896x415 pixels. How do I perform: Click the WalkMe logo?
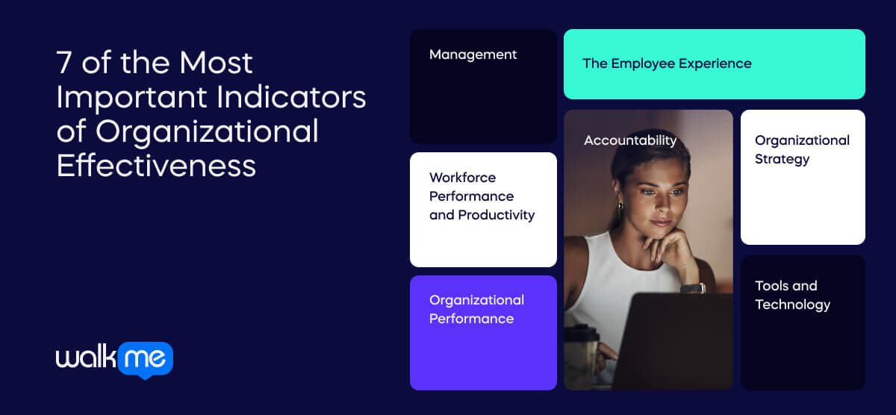[x=114, y=360]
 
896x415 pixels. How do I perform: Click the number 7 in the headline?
[x=65, y=64]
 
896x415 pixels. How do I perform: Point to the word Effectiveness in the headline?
[x=156, y=165]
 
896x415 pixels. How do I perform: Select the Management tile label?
[x=473, y=54]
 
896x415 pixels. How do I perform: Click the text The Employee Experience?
[x=667, y=63]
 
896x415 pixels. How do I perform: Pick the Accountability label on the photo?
[x=630, y=140]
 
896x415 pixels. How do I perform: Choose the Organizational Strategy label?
[x=802, y=149]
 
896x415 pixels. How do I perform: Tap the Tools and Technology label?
[x=792, y=295]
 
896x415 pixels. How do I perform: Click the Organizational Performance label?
[x=476, y=309]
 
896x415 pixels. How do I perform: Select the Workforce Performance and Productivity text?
[x=482, y=196]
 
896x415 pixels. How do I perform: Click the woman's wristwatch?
[x=693, y=288]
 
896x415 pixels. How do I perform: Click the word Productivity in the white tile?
[x=497, y=215]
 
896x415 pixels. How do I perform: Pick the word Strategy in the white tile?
[x=782, y=159]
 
